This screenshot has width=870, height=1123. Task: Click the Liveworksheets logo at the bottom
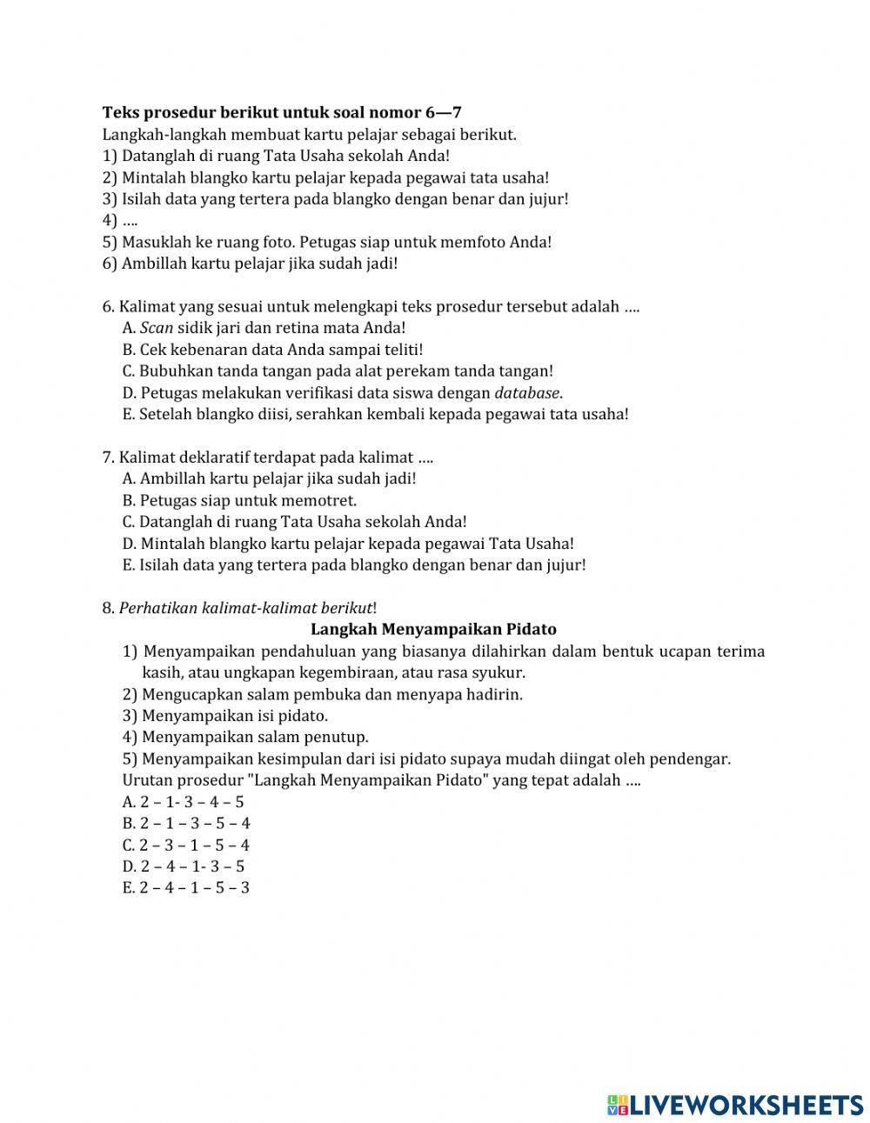point(734,1104)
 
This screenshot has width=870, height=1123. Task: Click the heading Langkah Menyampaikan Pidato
point(433,629)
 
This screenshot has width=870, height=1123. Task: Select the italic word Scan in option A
point(157,328)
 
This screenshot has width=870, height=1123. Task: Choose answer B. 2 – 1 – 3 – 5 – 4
point(187,823)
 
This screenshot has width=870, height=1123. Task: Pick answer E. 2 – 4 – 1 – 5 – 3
point(186,888)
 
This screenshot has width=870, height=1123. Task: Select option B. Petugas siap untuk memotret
point(240,500)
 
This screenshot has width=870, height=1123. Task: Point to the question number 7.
point(108,458)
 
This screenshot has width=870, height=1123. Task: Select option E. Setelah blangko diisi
point(375,414)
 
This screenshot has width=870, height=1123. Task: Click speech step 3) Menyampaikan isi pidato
point(225,716)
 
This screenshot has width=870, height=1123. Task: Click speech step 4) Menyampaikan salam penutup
point(245,738)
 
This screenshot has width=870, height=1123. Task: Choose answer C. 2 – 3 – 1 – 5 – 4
point(186,845)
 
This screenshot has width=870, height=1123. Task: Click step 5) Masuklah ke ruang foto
point(326,242)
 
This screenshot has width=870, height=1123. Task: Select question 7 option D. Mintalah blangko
point(348,544)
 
